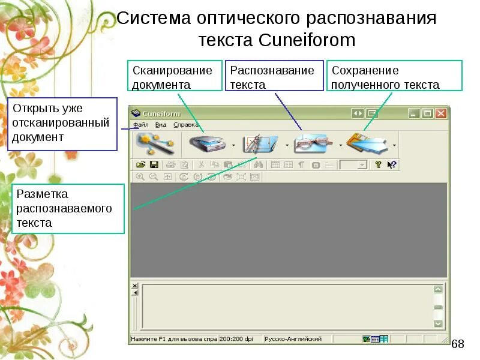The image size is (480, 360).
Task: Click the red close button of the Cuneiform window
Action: coord(441,113)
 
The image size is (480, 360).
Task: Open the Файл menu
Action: coord(141,125)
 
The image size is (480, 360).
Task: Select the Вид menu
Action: coord(160,125)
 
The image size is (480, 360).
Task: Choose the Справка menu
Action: coord(186,125)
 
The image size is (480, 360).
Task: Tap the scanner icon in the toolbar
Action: coord(207,144)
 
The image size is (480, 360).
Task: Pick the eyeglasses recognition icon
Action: coord(314,144)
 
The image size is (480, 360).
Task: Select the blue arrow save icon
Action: coord(367,144)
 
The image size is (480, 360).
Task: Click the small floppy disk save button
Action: coord(154,164)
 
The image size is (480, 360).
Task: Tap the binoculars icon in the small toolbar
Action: coord(259,164)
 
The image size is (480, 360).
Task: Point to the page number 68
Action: coord(458,344)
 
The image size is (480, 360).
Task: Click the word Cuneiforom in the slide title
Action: coord(308,40)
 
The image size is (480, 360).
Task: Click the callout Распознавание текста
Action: coord(272,77)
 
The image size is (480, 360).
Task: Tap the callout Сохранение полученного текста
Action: coord(394,77)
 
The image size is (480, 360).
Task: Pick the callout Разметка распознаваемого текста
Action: coord(67,208)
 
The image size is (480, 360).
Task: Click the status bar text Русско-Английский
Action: coord(293,339)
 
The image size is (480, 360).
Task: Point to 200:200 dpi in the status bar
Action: coord(236,339)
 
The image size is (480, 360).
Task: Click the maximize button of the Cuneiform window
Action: coord(427,113)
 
